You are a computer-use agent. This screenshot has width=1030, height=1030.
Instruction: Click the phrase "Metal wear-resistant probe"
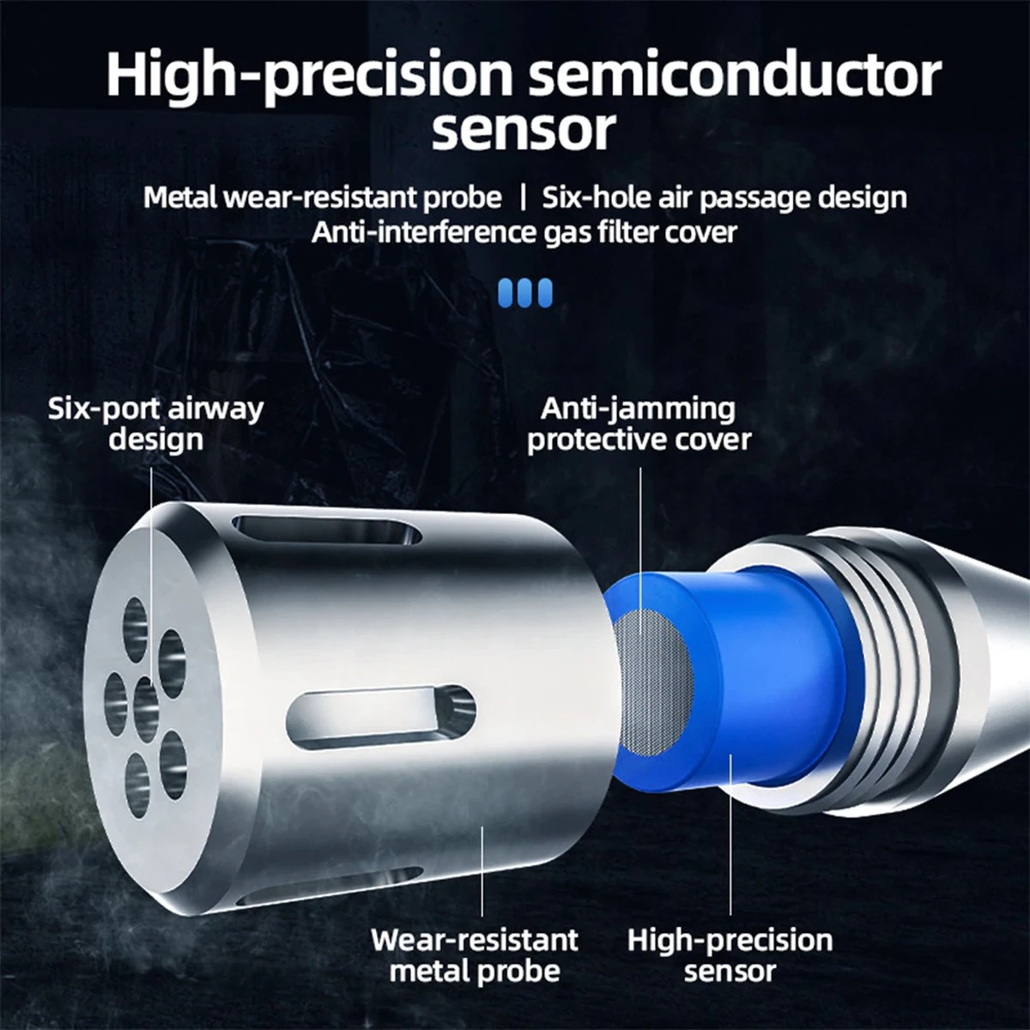pos(323,198)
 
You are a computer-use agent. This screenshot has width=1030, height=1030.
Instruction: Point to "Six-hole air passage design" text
pos(724,198)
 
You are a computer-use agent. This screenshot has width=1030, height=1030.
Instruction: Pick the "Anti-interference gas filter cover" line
pos(524,233)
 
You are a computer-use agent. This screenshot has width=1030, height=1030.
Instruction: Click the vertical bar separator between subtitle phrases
pos(523,197)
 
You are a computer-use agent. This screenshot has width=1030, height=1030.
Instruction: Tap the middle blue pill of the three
pos(524,293)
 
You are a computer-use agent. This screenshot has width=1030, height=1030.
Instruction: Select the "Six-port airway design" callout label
pos(156,425)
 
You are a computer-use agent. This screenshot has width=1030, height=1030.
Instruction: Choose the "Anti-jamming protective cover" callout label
pos(639,425)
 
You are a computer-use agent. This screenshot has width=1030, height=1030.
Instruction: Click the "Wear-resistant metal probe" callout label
pos(475,955)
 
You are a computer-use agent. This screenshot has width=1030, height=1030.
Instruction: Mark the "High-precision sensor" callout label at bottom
pos(730,955)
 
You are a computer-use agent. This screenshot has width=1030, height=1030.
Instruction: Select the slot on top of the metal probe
pos(327,530)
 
